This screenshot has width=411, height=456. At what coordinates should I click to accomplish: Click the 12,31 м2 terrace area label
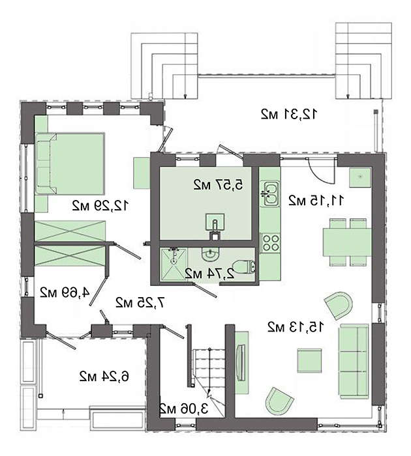pos(288,114)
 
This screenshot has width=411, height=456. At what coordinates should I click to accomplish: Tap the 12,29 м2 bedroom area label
pos(100,206)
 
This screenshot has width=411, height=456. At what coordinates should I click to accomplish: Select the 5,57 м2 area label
pos(218,184)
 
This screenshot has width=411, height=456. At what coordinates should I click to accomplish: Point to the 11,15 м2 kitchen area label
pos(316,201)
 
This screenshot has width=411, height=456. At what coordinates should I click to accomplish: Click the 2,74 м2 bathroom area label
pos(209,274)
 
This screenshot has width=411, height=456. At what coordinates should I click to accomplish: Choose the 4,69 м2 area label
pos(65,292)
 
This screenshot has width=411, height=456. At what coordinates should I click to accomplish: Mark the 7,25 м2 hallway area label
pos(140,303)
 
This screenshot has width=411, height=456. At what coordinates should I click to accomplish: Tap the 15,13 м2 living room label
pos(295,327)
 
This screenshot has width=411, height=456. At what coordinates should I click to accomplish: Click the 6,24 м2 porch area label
pos(104,377)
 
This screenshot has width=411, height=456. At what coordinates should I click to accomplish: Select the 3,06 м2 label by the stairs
pos(184,408)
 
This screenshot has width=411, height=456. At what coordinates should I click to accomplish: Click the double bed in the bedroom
pos(70,164)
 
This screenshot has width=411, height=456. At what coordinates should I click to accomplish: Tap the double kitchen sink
pos(269,193)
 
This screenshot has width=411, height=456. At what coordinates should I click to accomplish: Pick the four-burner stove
pos(270,243)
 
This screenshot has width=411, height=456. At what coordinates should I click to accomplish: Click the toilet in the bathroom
pos(245,266)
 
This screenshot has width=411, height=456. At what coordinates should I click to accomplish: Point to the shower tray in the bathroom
pos(174,264)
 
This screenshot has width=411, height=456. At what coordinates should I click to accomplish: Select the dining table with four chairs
pos(347,242)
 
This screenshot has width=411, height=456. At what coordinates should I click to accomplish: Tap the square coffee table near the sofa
pos(310,360)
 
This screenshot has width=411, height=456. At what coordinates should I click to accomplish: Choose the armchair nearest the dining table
pos(339,306)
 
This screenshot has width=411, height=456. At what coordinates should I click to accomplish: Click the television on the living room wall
pos(241,362)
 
